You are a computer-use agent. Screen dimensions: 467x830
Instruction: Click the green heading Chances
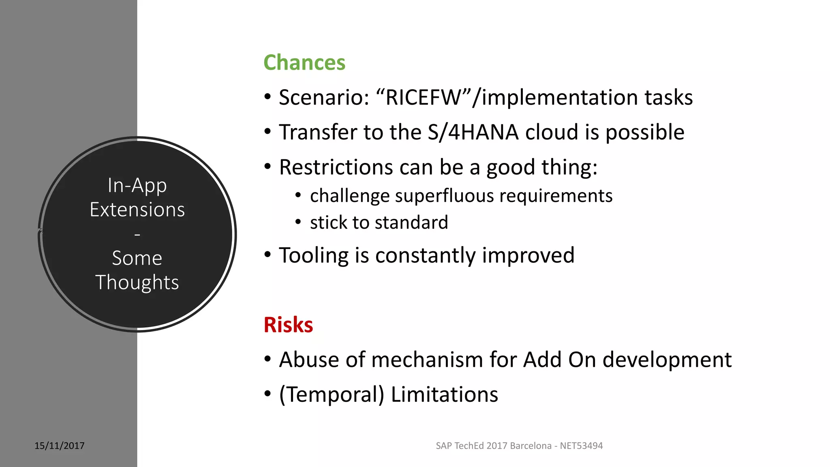pos(304,63)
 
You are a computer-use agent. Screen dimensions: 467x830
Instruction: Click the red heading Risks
pos(288,325)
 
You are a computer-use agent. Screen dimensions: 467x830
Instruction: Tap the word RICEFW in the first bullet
pos(423,98)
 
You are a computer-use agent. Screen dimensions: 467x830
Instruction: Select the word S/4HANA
pos(473,132)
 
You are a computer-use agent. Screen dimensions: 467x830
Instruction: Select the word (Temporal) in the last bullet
pos(332,395)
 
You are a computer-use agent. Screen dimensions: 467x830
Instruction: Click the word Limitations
pos(444,394)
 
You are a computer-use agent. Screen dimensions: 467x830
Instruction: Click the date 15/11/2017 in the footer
pos(60,446)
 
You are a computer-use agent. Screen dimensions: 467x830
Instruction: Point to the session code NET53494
pos(581,446)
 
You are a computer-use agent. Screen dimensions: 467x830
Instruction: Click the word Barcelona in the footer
pos(531,446)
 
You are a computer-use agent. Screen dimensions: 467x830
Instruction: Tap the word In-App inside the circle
pos(137,186)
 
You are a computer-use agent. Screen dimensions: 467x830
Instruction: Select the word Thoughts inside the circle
pos(137,283)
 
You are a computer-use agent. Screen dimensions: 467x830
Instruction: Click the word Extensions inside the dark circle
pos(137,210)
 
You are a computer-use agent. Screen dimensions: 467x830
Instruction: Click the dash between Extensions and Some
pos(137,235)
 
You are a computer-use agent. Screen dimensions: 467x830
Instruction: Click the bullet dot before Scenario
pos(267,97)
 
